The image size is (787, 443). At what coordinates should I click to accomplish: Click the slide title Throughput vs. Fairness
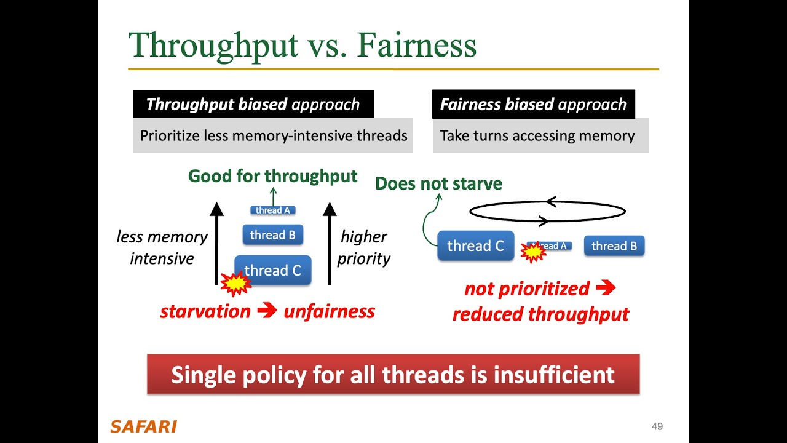302,44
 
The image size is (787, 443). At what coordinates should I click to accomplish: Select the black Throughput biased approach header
253,104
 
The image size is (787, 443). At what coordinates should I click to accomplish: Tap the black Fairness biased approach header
533,104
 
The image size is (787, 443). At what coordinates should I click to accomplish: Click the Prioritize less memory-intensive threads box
273,135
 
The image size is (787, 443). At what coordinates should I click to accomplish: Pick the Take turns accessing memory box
540,135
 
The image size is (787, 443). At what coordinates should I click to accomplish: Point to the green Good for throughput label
272,176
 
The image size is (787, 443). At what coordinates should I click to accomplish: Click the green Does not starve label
438,183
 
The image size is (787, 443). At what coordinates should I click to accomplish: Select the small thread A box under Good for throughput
273,210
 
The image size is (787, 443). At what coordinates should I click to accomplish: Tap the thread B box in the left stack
273,235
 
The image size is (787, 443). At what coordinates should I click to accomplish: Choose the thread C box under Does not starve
475,246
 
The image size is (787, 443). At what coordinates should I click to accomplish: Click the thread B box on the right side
614,246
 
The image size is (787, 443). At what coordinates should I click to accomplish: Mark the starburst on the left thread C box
236,283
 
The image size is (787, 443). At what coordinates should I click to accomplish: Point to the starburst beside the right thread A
533,251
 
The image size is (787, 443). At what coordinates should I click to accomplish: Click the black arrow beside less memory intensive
216,243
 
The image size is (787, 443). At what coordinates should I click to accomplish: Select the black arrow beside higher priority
330,243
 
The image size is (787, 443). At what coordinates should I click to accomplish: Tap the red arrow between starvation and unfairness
267,311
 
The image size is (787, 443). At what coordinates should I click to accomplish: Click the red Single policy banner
393,374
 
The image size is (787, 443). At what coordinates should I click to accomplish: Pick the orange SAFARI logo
143,426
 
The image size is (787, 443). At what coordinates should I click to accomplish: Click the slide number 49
657,426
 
